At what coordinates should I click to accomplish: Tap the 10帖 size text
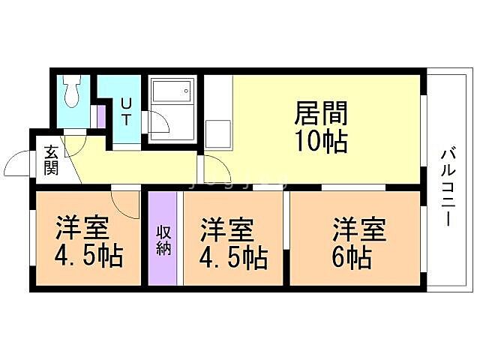click(321, 141)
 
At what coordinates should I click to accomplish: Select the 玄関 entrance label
click(51, 159)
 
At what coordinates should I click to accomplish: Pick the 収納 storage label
click(163, 239)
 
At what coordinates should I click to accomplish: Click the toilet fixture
click(73, 94)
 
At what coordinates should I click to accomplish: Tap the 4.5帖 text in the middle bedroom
click(233, 257)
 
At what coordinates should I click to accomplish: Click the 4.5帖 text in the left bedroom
click(88, 257)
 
